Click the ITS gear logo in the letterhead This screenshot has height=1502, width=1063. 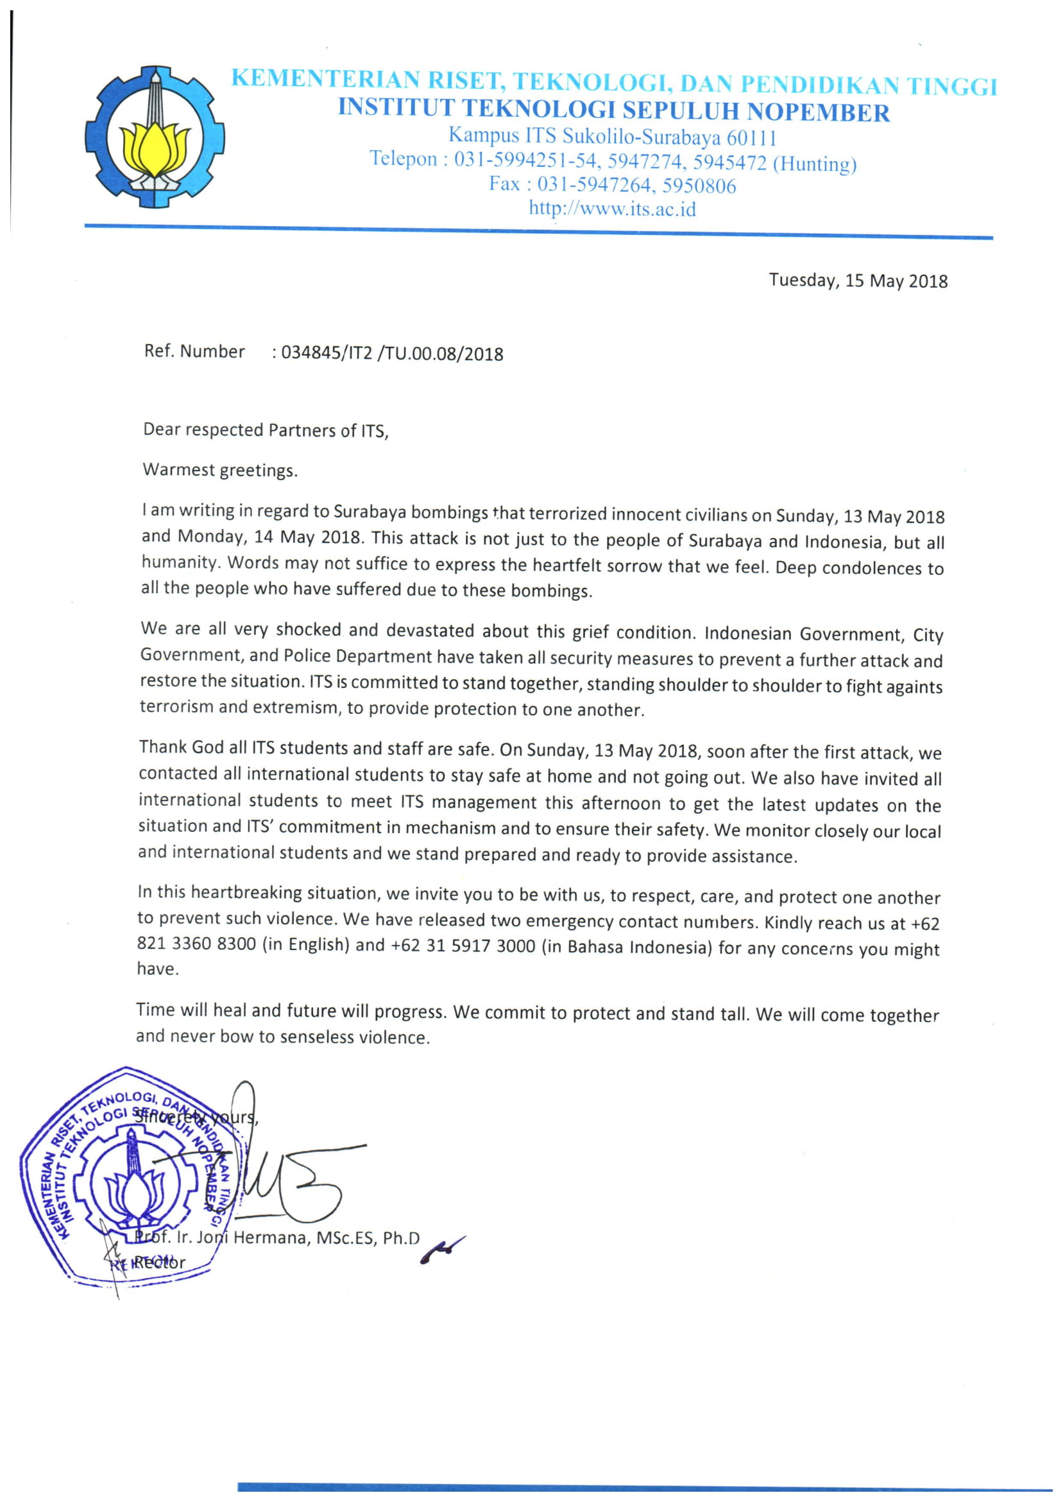click(x=155, y=137)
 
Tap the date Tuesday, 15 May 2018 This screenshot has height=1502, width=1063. click(x=858, y=281)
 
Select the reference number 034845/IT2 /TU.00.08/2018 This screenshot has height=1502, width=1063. click(x=392, y=354)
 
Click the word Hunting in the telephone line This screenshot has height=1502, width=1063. click(x=814, y=163)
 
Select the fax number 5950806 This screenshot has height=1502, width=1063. click(x=699, y=187)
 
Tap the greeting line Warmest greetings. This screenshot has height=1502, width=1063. click(x=220, y=470)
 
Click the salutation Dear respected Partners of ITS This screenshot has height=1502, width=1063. click(x=265, y=430)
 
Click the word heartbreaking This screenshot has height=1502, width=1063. click(x=246, y=892)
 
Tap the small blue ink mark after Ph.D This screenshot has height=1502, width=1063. click(x=441, y=1250)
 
